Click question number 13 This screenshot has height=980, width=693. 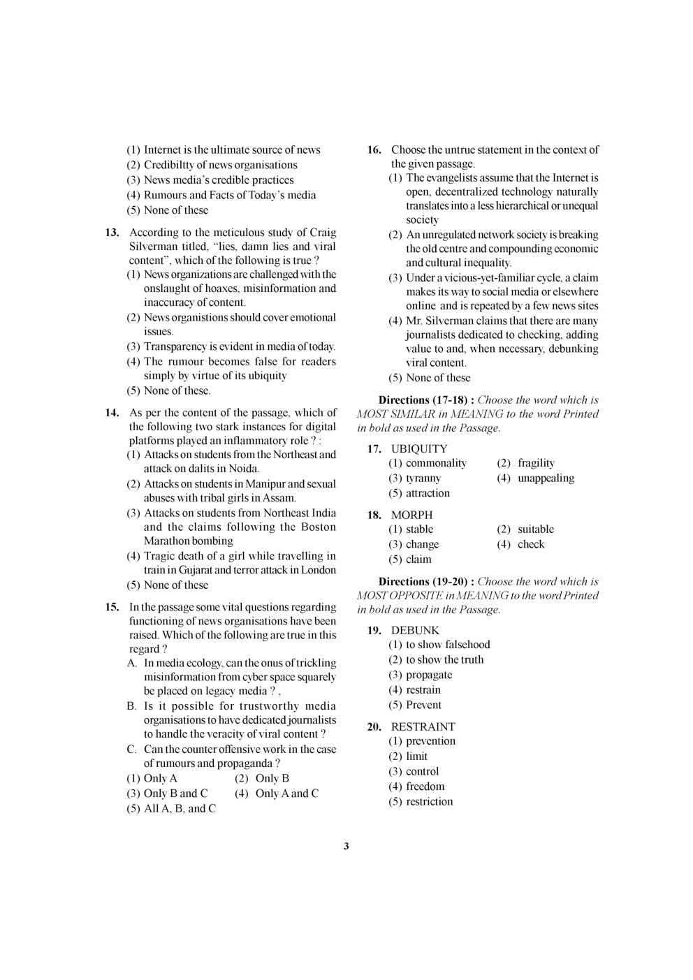[x=112, y=233]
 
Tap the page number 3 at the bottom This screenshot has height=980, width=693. [x=346, y=847]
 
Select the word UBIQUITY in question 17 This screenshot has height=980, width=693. [x=419, y=448]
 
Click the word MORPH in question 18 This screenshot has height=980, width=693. [x=411, y=515]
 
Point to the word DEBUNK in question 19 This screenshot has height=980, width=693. [x=415, y=630]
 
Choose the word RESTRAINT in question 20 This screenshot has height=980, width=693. [x=423, y=726]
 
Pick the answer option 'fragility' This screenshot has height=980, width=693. [x=536, y=463]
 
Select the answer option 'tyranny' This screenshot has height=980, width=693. [x=423, y=478]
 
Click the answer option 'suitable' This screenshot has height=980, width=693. [x=536, y=529]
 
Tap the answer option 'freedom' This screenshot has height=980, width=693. [x=425, y=787]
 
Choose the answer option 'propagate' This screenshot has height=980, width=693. [x=429, y=675]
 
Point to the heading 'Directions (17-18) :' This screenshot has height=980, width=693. [x=426, y=400]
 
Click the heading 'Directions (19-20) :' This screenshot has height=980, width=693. [x=426, y=582]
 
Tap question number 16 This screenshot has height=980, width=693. [x=374, y=149]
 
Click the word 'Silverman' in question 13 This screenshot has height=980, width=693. [x=153, y=247]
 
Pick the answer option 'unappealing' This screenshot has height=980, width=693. [x=546, y=478]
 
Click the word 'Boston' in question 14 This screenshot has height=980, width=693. [x=319, y=527]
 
